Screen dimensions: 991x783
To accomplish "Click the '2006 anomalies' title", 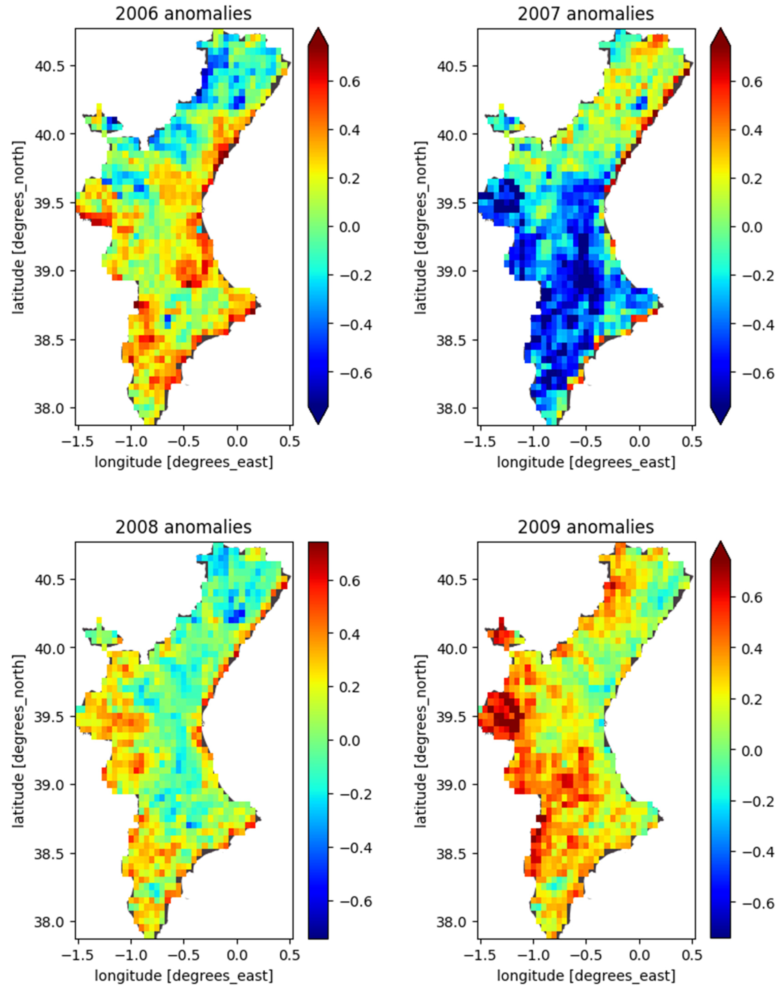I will (x=183, y=14).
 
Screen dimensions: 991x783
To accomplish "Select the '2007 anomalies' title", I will (x=585, y=14).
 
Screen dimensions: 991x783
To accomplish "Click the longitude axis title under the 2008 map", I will (x=183, y=976).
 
